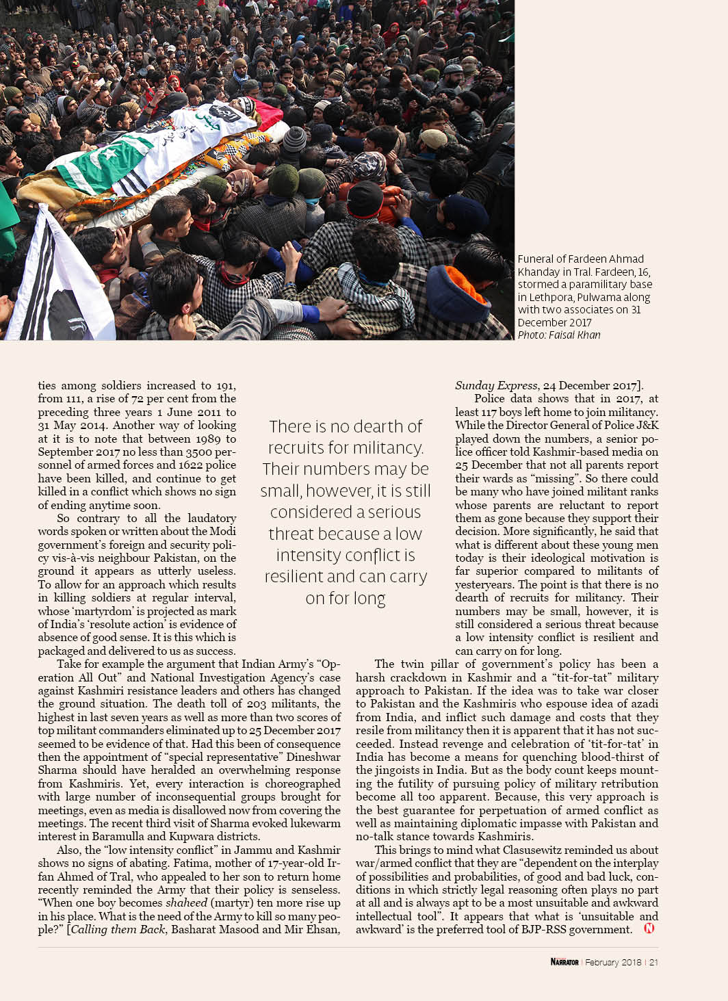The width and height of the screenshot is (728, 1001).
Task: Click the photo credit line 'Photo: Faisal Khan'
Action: [558, 335]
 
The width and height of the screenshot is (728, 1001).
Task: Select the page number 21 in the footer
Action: [653, 962]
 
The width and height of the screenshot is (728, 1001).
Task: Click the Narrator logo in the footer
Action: [564, 962]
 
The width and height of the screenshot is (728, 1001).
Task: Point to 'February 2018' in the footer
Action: [613, 962]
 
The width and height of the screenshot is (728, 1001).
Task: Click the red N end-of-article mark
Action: [649, 928]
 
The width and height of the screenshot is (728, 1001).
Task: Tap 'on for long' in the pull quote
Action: [346, 598]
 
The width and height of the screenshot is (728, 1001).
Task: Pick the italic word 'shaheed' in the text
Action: [186, 902]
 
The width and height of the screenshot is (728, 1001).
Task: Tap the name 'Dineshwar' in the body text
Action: [311, 757]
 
